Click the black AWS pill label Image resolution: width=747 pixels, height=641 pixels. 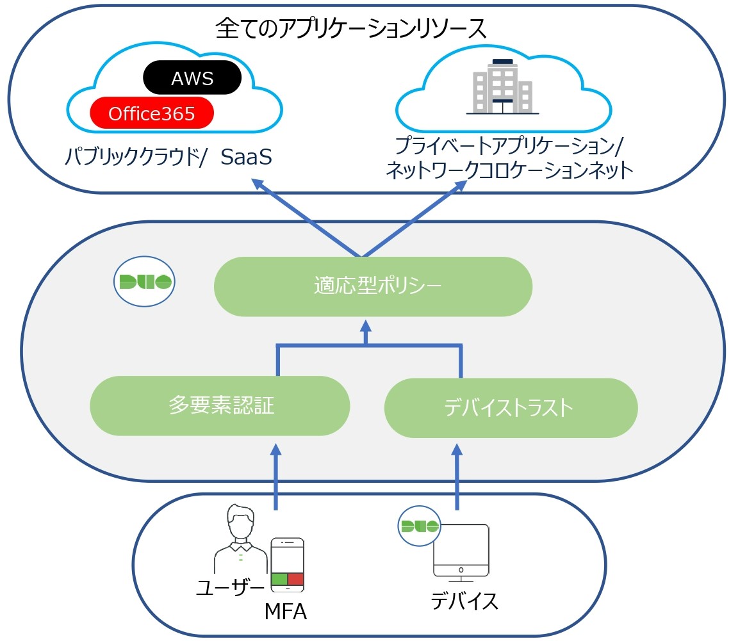192,78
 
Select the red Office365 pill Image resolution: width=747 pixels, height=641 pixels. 152,113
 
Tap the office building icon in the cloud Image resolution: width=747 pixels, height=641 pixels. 503,87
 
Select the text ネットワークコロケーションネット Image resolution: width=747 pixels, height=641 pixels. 509,171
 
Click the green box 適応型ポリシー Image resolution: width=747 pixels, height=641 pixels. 373,286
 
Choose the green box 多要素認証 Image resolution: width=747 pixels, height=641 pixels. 220,405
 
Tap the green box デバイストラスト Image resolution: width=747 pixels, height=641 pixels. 511,408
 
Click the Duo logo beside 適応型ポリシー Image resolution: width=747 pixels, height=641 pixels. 144,281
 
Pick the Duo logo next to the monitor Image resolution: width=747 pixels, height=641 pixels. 420,526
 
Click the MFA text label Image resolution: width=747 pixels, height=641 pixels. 286,612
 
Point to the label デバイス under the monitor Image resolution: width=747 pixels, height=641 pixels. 464,601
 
